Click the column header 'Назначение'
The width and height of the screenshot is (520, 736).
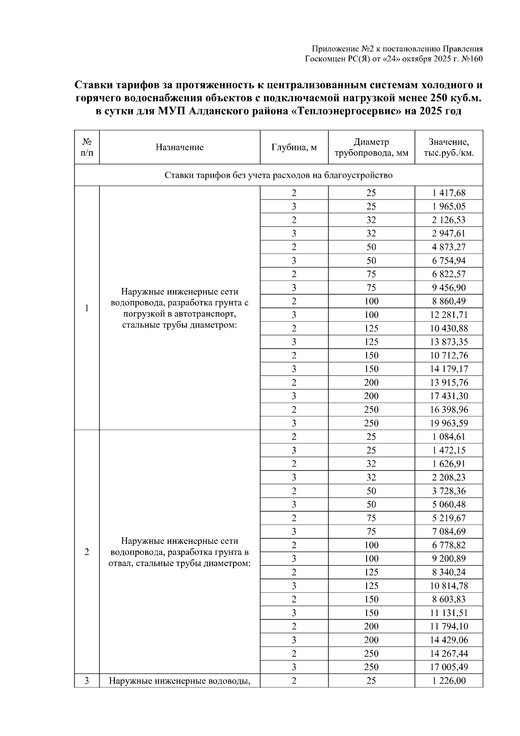pyautogui.click(x=179, y=147)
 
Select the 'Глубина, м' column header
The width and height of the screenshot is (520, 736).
pyautogui.click(x=294, y=147)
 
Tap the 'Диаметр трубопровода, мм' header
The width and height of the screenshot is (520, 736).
pyautogui.click(x=371, y=147)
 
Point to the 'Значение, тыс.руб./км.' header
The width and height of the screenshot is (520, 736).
pyautogui.click(x=448, y=147)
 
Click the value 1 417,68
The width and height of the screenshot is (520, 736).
pyautogui.click(x=449, y=193)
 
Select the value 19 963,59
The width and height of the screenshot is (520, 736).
pyautogui.click(x=449, y=423)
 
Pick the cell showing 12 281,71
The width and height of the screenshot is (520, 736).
pyautogui.click(x=449, y=315)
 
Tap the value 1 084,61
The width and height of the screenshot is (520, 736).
pyautogui.click(x=449, y=437)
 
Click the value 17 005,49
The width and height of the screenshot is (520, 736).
pyautogui.click(x=449, y=667)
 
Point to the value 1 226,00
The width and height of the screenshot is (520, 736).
pyautogui.click(x=449, y=681)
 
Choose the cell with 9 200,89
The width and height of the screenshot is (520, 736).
pyautogui.click(x=449, y=559)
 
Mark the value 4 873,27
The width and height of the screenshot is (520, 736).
pyautogui.click(x=449, y=247)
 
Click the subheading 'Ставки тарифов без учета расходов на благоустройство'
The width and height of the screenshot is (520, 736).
pyautogui.click(x=279, y=175)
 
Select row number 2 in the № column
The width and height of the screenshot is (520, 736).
pyautogui.click(x=87, y=552)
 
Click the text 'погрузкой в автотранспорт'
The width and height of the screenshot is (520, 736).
pyautogui.click(x=179, y=313)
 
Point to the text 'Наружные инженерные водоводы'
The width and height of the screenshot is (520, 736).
pyautogui.click(x=179, y=681)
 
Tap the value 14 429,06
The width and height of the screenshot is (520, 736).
pyautogui.click(x=449, y=640)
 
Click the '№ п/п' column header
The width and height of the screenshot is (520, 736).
pyautogui.click(x=87, y=147)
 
